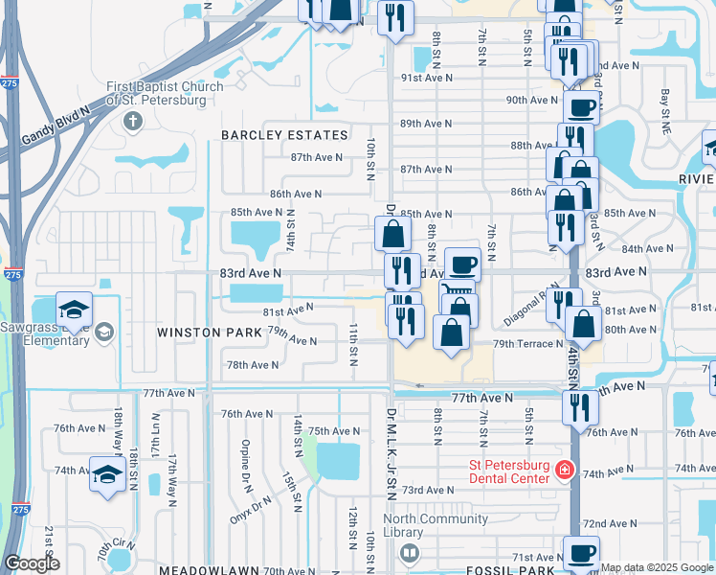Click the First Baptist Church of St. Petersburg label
[x=164, y=93]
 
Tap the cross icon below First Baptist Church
[x=132, y=122]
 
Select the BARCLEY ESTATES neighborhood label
[x=284, y=135]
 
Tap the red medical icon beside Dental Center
[x=564, y=470]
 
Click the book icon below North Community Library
[x=410, y=553]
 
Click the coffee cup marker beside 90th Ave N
[x=581, y=106]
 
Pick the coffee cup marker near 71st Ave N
[x=581, y=553]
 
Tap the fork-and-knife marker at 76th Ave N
[x=580, y=406]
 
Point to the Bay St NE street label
[x=664, y=104]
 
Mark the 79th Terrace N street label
[x=528, y=343]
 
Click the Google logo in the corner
[x=33, y=564]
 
